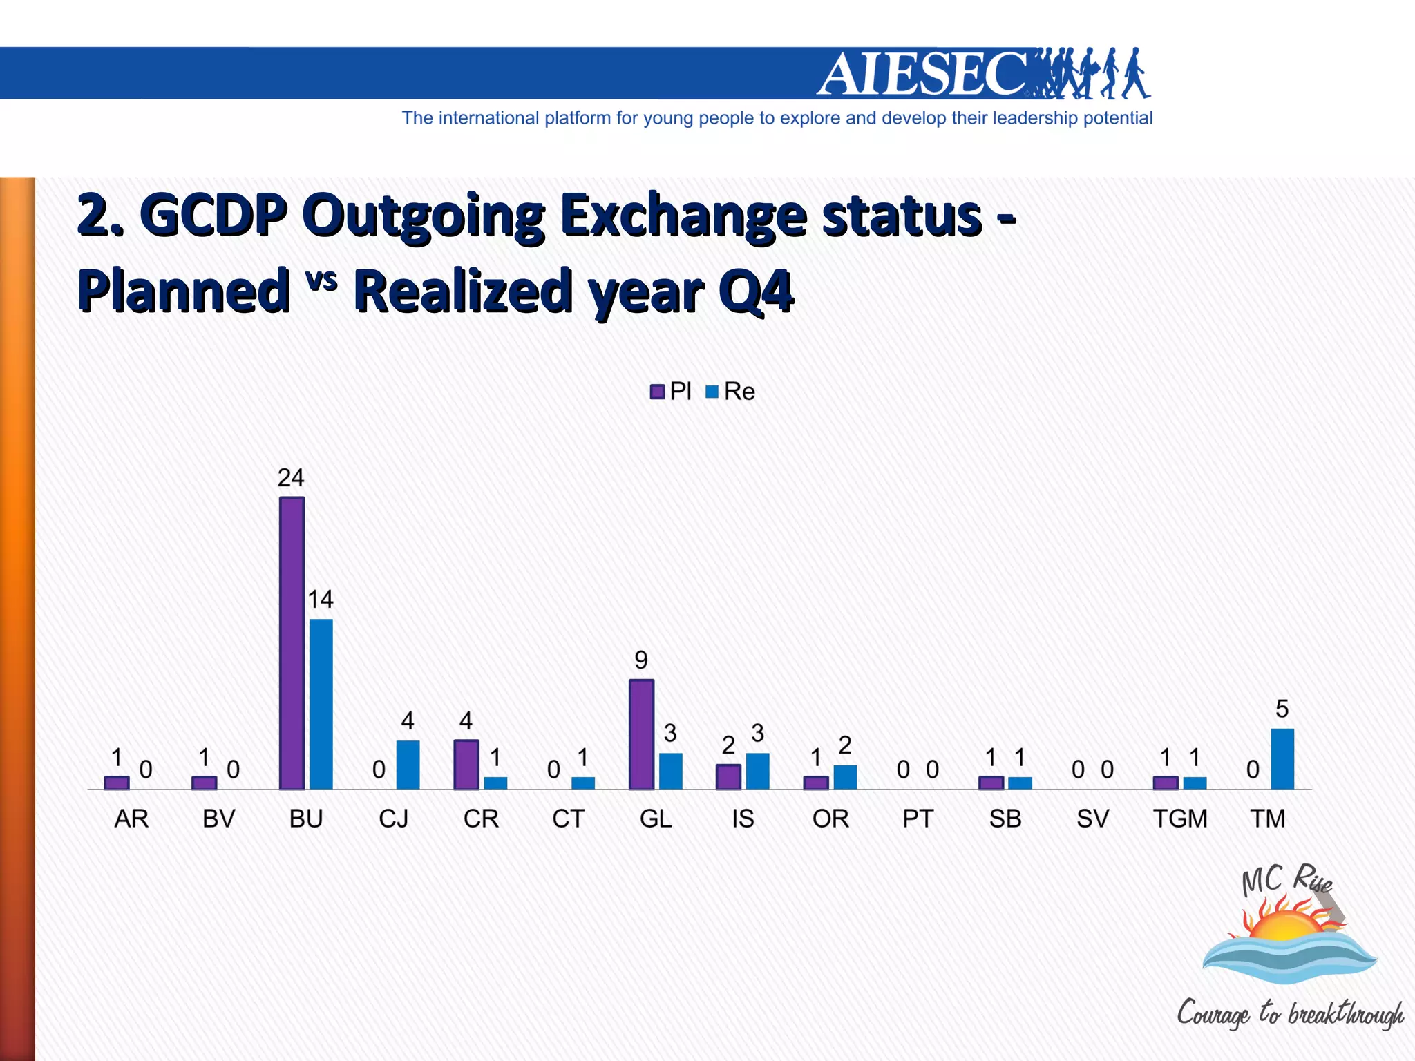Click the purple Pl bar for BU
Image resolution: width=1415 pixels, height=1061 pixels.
pos(292,642)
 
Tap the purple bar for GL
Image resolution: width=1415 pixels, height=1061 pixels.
pos(641,734)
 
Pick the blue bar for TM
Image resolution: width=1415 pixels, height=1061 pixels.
pos(1282,758)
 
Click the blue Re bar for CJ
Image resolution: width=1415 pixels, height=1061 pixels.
pos(408,765)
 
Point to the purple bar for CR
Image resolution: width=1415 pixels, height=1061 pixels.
pos(466,765)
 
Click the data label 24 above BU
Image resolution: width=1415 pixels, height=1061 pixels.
pos(291,478)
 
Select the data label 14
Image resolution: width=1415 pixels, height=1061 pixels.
pos(321,600)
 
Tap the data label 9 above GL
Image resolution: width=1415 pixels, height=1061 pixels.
pos(641,660)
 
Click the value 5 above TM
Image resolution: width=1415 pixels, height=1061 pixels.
pos(1282,709)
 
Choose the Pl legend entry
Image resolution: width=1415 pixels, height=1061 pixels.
pos(671,392)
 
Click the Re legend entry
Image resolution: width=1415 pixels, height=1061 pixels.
pos(731,392)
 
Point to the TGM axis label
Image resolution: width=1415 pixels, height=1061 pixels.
pos(1180,819)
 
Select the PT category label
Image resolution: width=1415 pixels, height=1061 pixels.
pos(918,819)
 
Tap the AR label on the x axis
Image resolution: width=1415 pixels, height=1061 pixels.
pos(131,819)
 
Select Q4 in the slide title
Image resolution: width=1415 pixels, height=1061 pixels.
pos(756,291)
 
